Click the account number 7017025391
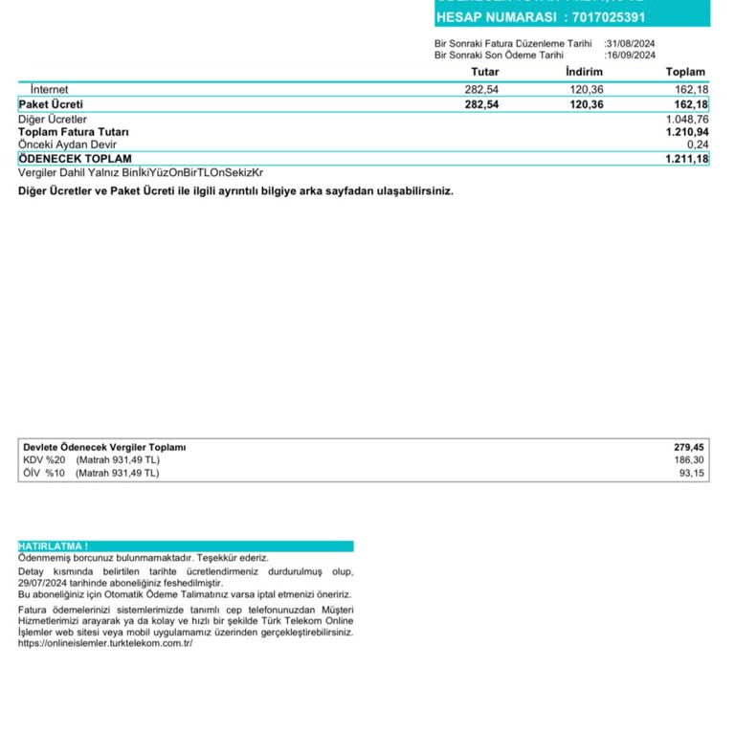pos(621,17)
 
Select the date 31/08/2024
pos(631,43)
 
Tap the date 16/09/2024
pos(631,56)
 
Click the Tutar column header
pos(484,72)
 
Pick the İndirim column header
pos(584,72)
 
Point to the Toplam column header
pos(685,72)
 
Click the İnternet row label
pos(49,90)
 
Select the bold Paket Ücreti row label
pos(51,104)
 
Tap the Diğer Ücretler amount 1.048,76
pos(687,120)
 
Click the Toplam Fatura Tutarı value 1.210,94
pos(687,132)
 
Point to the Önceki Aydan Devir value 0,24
pos(697,145)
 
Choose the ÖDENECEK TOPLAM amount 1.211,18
pos(687,159)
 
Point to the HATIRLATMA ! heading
pos(54,546)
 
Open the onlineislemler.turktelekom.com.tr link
pos(105,643)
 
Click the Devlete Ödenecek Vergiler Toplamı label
pos(104,447)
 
